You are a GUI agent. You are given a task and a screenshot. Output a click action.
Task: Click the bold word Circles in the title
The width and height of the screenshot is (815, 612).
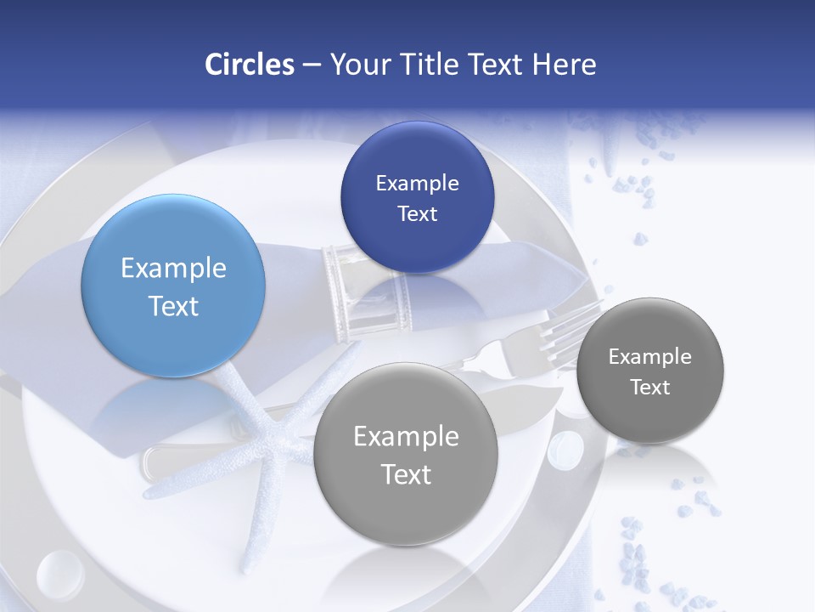click(x=250, y=65)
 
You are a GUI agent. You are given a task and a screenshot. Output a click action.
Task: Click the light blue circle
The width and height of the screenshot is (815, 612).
click(x=173, y=286)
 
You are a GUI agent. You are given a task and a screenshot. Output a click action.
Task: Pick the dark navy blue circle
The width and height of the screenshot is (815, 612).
click(x=417, y=197)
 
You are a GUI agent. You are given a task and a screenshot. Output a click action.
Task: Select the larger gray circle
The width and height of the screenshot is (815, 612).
click(x=406, y=454)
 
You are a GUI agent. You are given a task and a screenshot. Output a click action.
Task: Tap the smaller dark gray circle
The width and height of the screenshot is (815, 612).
click(x=650, y=371)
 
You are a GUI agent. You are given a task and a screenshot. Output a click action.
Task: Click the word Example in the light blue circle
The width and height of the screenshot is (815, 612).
click(x=173, y=269)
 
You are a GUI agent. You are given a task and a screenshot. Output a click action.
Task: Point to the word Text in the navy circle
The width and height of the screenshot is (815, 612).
click(x=417, y=214)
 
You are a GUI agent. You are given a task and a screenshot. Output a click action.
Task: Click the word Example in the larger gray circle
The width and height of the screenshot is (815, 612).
click(x=406, y=437)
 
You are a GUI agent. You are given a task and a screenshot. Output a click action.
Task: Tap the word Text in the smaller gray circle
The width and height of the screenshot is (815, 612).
click(x=650, y=388)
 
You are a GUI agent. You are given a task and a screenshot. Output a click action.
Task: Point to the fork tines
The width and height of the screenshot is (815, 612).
click(x=577, y=319)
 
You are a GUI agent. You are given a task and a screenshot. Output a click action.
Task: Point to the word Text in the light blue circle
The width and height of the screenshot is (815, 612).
click(x=173, y=306)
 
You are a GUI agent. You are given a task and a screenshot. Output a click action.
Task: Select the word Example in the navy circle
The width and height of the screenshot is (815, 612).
click(x=417, y=184)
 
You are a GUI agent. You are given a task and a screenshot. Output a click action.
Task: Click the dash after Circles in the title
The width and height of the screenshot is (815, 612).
click(x=311, y=65)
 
